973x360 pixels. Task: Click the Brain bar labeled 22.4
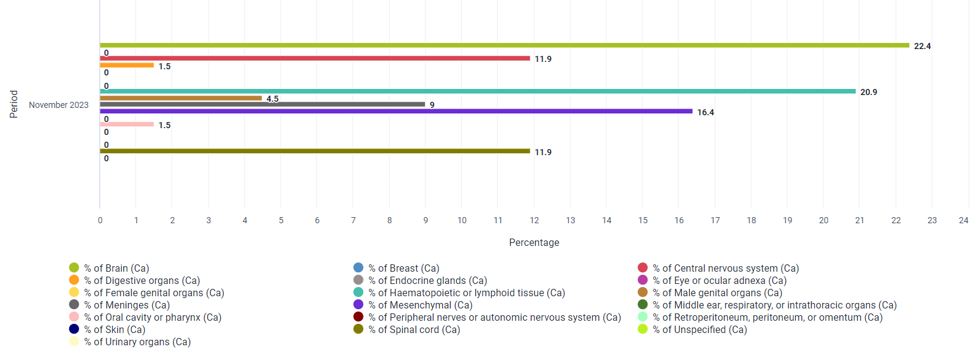[505, 45]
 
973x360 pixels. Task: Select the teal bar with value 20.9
[478, 91]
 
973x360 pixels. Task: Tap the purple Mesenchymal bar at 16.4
[396, 111]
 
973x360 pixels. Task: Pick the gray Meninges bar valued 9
[262, 104]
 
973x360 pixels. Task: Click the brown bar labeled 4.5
[181, 98]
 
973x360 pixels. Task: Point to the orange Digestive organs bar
[127, 65]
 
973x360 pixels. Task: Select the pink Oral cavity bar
[127, 124]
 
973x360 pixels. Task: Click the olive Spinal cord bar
[315, 151]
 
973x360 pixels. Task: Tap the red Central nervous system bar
[315, 58]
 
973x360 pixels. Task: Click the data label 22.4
[922, 46]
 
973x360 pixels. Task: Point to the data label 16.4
[706, 112]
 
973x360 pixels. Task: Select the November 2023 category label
[59, 105]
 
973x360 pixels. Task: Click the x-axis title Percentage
[534, 242]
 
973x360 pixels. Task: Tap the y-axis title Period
[14, 104]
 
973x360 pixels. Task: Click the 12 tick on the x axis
[534, 220]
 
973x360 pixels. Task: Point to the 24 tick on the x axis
[963, 220]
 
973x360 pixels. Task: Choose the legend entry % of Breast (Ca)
[397, 268]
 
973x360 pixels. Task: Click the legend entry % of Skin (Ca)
[107, 329]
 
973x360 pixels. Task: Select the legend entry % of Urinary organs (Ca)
[130, 342]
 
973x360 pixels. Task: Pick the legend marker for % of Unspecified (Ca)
[643, 329]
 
